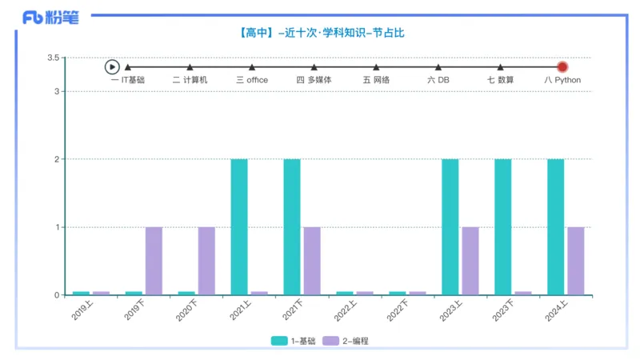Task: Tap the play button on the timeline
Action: (x=112, y=67)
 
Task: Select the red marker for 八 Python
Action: (x=562, y=67)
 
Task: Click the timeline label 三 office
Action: (x=252, y=80)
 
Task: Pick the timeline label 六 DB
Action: (x=438, y=80)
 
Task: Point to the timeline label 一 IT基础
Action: (x=128, y=80)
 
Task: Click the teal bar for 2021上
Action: (x=239, y=226)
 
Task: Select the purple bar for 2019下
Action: (x=154, y=261)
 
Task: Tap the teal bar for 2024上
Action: (x=555, y=226)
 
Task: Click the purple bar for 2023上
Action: (x=470, y=261)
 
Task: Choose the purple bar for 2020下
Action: (x=206, y=261)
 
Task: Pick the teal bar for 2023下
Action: (x=502, y=226)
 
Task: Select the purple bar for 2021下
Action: (x=312, y=261)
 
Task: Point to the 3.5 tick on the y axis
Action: (x=54, y=58)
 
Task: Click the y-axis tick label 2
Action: (x=57, y=159)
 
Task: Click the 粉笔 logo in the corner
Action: (x=50, y=17)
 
